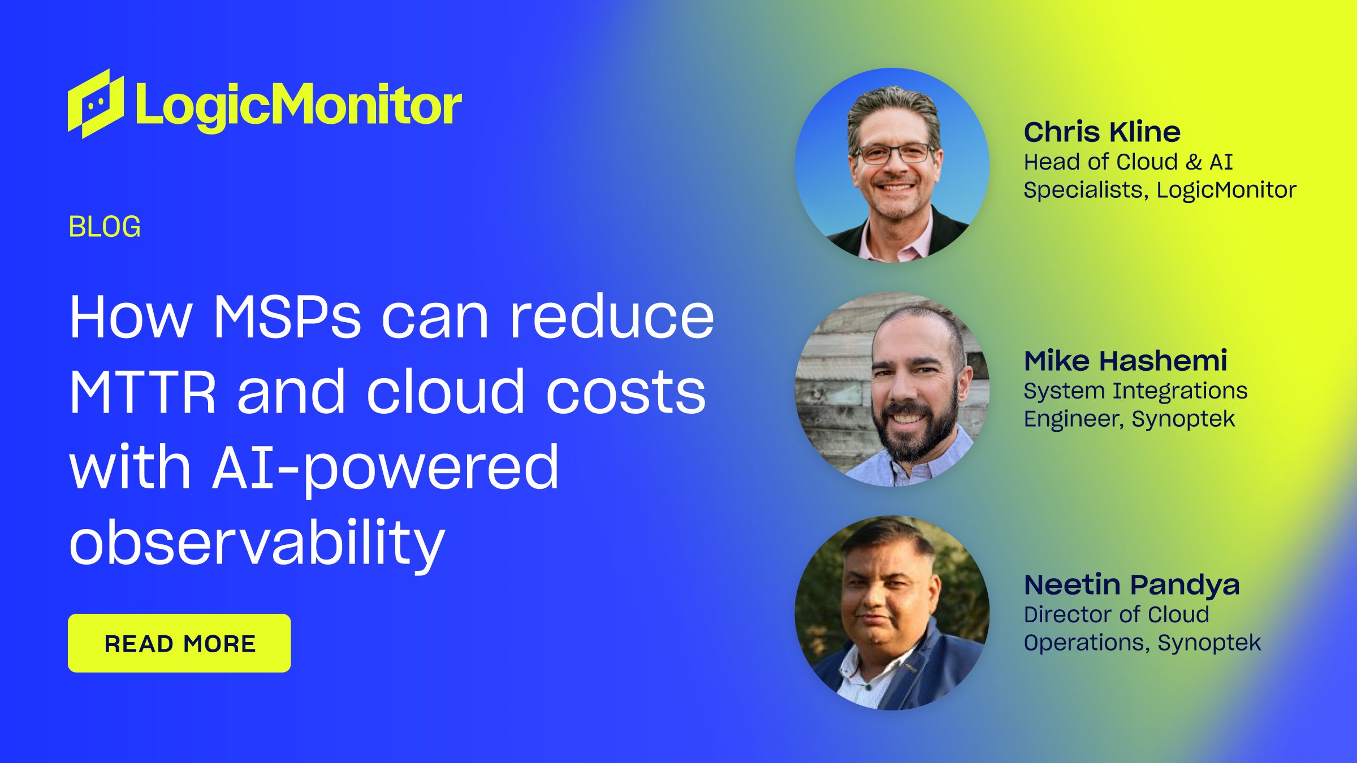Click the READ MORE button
coord(179,643)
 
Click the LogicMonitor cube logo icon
coord(96,104)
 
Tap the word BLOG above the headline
coord(105,227)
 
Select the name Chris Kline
coord(1102,132)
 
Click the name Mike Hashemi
coord(1125,361)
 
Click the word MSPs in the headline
coord(287,317)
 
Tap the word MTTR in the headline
coord(142,392)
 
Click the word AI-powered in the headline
coord(386,469)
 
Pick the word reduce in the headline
coord(612,316)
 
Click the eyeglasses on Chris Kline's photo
coord(894,153)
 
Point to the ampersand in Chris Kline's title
coord(1194,162)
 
